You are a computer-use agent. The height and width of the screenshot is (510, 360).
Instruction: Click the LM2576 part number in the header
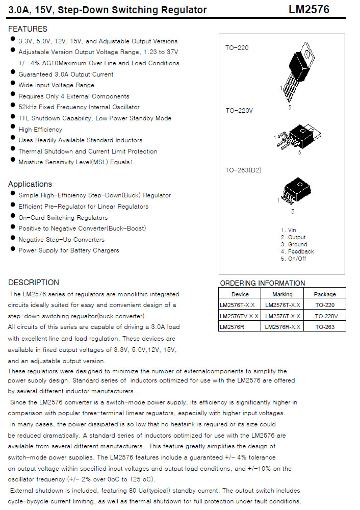(x=308, y=10)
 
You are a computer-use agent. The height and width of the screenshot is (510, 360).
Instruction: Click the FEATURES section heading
(x=28, y=29)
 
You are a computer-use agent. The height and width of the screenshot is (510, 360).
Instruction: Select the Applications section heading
(x=30, y=184)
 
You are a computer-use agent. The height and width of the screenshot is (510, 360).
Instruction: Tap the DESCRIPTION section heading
(x=34, y=283)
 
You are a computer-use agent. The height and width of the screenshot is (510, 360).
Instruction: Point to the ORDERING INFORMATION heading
(x=263, y=283)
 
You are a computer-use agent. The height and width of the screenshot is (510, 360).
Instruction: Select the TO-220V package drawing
(x=298, y=136)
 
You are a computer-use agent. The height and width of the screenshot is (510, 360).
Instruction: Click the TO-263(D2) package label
(x=243, y=170)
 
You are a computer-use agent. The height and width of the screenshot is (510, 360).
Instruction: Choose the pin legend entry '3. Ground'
(x=294, y=244)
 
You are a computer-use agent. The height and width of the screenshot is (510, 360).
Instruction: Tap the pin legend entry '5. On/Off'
(x=294, y=259)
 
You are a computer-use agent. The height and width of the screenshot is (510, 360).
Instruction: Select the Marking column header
(x=282, y=294)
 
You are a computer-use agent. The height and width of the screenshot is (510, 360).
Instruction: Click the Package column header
(x=325, y=294)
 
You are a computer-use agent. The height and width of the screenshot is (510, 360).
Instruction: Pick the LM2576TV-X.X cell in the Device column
(x=239, y=316)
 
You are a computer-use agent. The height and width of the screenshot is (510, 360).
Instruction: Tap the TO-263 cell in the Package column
(x=325, y=327)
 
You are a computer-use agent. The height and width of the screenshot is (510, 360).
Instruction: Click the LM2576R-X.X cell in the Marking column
(x=282, y=327)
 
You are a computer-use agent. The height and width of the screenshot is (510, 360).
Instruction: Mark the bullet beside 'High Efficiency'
(x=12, y=129)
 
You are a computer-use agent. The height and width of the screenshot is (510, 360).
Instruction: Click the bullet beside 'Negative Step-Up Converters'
(x=12, y=239)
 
